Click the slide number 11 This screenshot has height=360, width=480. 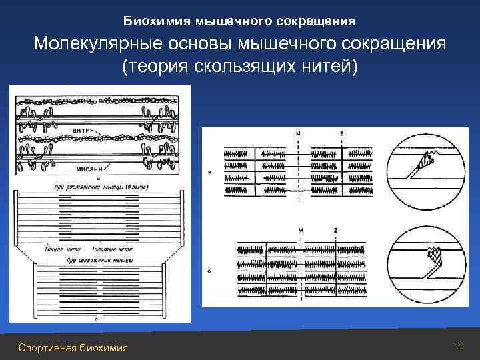pos(458,345)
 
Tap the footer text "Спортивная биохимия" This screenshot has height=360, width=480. pos(74,347)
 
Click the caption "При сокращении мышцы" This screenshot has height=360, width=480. pos(99,257)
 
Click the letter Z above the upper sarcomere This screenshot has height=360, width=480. pos(341,133)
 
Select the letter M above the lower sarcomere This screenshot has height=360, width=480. pos(300,229)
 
